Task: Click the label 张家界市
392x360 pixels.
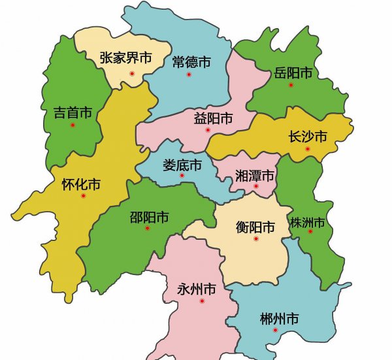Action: pos(126,58)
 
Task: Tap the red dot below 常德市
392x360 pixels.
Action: pos(189,74)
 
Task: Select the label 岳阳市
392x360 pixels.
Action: pos(293,71)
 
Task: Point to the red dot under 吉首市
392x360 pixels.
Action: pos(73,125)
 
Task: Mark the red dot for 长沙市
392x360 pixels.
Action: pos(307,150)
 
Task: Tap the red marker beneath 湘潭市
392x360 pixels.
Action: pos(256,186)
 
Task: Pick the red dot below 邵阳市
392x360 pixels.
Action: pos(148,228)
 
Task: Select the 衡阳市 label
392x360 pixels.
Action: pos(255,227)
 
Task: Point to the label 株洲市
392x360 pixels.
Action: pos(308,223)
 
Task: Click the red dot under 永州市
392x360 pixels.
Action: pos(202,301)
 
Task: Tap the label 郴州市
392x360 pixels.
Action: pos(279,319)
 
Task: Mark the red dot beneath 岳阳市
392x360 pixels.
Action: pos(291,84)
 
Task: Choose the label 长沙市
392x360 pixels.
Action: pos(307,136)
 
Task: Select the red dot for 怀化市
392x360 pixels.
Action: pos(82,196)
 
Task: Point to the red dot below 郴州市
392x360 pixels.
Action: pos(275,330)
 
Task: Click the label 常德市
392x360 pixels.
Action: pos(191,62)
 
